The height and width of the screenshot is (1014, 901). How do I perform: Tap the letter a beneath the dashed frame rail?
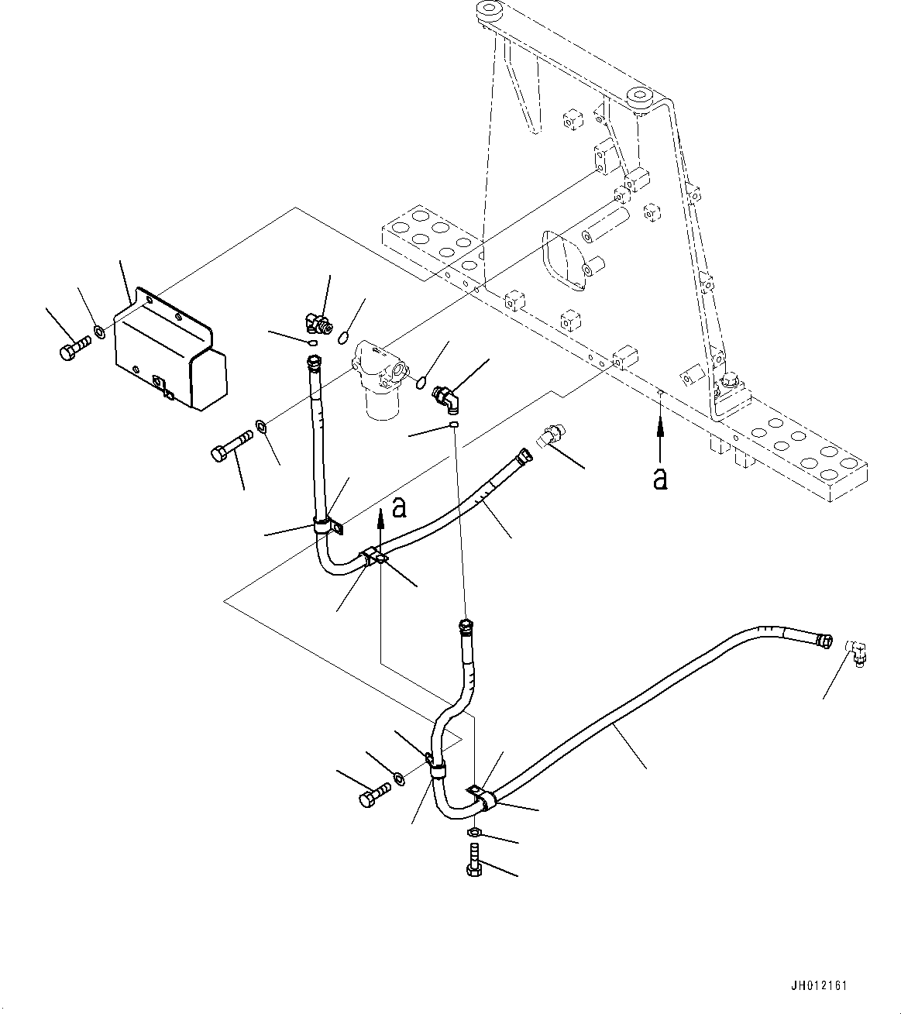point(659,479)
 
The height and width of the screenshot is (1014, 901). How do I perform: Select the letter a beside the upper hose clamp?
point(399,507)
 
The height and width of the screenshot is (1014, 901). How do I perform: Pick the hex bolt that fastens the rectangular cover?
point(72,347)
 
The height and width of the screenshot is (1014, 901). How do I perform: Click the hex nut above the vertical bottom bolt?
point(476,832)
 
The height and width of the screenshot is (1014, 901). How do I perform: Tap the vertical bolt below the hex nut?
point(474,863)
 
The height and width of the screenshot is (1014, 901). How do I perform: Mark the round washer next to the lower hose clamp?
point(398,779)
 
